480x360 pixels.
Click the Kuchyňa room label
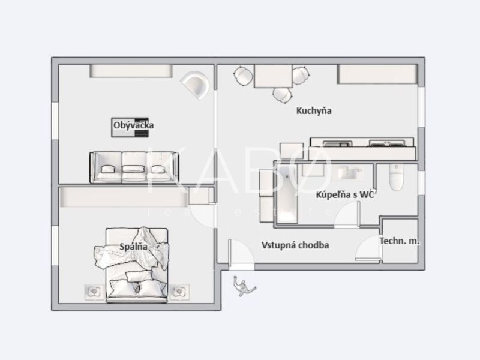coord(314,110)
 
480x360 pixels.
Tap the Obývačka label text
coord(133,125)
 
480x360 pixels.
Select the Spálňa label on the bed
coord(133,247)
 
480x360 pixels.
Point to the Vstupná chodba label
coord(295,245)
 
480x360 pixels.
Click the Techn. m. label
coord(400,241)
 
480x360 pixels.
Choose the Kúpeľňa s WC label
coord(345,194)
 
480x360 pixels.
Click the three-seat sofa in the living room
coord(134,167)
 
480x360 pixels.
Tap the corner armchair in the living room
coord(196,85)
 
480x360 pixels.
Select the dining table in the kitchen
coord(273,76)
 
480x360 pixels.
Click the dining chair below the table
coord(282,95)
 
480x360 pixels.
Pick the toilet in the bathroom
coord(397,177)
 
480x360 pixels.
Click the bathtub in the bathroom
coord(287,193)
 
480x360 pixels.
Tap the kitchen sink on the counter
coord(338,143)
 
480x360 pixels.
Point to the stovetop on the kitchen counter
coord(387,143)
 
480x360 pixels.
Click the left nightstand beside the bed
coord(94,292)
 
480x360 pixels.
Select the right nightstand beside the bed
coord(179,292)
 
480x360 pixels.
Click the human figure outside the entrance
coord(244,286)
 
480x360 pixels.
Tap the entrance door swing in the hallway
coord(241,254)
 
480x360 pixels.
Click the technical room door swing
coord(368,248)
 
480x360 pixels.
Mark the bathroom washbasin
coord(350,172)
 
